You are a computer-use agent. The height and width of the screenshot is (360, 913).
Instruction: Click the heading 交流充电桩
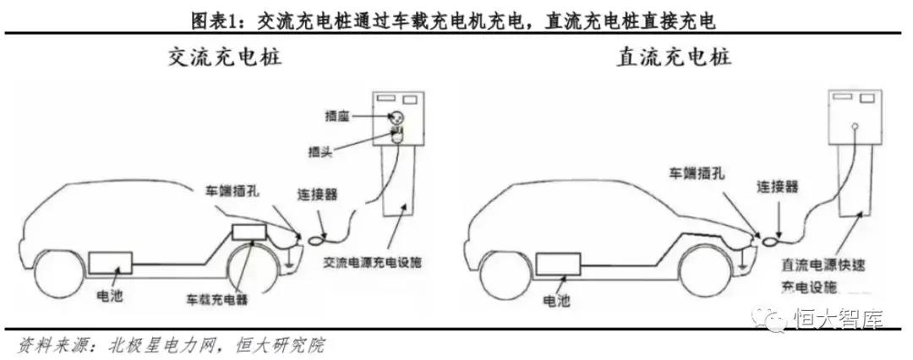click(x=225, y=57)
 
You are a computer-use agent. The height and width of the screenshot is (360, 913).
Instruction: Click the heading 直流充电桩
click(x=675, y=57)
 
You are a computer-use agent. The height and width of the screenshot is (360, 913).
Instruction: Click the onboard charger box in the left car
click(x=249, y=232)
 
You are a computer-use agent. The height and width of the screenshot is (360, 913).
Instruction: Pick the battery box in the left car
click(x=110, y=263)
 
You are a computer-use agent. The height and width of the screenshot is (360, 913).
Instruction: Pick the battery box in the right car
click(x=558, y=264)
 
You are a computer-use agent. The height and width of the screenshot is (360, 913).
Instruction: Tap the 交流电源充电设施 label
click(x=372, y=263)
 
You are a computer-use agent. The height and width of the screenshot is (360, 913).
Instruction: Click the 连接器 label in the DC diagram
click(x=778, y=187)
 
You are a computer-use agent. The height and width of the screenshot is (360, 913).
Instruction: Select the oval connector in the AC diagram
click(x=318, y=238)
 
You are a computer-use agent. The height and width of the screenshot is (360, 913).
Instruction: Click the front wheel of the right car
click(x=704, y=271)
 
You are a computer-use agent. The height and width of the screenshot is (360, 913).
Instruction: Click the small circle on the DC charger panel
click(x=854, y=125)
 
